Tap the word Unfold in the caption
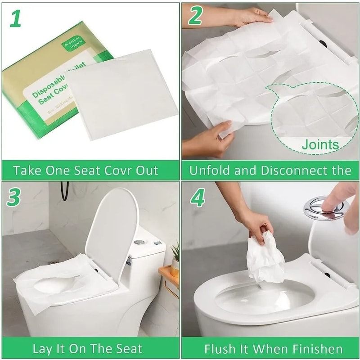click(207, 171)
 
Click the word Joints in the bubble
click(320, 145)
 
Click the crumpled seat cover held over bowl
click(265, 259)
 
